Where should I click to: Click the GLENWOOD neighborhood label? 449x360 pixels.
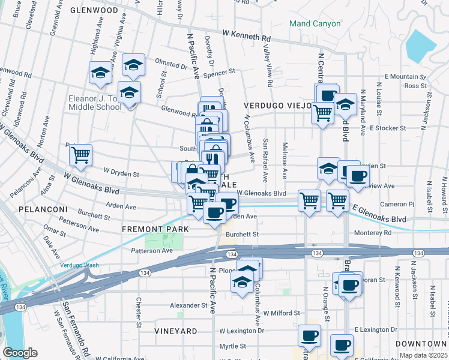tap(94, 10)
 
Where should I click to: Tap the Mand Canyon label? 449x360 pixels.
tap(315, 24)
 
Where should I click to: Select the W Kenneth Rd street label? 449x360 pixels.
tap(246, 36)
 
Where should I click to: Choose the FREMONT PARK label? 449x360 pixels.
tap(155, 229)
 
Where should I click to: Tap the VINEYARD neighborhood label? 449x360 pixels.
tap(175, 331)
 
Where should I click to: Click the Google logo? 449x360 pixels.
tap(20, 352)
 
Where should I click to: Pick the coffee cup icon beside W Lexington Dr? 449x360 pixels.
tap(310, 336)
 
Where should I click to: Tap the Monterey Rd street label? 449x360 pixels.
tap(373, 232)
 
